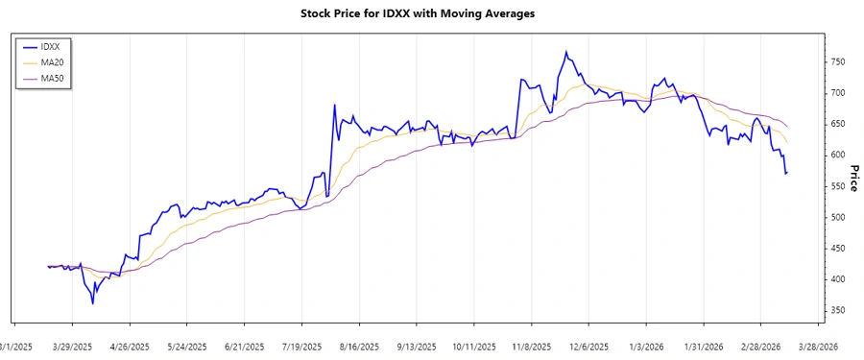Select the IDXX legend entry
point(55,46)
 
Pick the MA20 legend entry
point(57,61)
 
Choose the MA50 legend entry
point(57,78)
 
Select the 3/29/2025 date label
point(72,346)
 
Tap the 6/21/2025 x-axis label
point(244,346)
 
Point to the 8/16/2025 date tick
point(359,346)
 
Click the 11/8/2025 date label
point(531,346)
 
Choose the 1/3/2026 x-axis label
point(646,346)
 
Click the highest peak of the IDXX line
point(565,52)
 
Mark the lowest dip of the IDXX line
point(93,303)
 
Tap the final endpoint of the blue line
point(787,173)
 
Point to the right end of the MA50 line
point(787,127)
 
